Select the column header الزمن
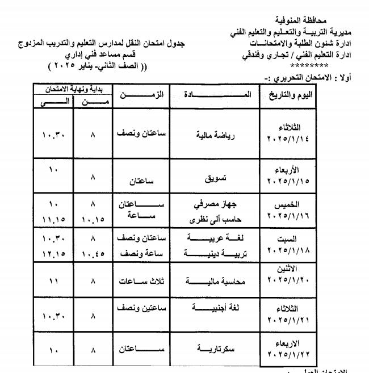coord(139,94)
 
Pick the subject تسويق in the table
coord(215,178)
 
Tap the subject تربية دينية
coord(216,251)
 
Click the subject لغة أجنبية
coord(216,309)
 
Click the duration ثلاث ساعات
coord(139,280)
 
